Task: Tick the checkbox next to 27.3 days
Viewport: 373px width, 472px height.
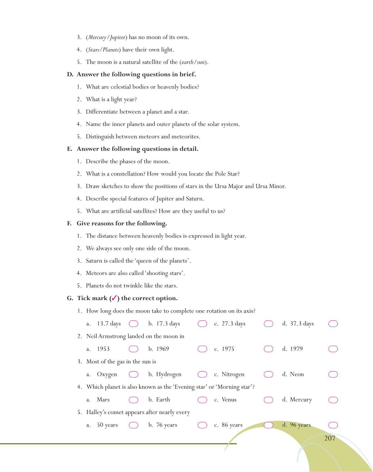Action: pos(268,324)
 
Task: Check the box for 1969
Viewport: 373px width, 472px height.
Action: pos(202,349)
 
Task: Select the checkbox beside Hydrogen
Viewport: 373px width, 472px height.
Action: pos(202,374)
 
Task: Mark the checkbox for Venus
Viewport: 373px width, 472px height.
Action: pos(268,400)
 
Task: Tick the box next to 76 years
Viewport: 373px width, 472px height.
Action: pos(202,425)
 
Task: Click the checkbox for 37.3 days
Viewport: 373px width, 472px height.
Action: pos(333,324)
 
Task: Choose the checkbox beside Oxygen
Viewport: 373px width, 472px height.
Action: pos(133,374)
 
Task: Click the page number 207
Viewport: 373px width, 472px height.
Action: pos(330,438)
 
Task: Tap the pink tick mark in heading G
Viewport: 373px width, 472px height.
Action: pos(114,298)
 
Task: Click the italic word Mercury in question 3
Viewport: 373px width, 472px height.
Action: pos(97,37)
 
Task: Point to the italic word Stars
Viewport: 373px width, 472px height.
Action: pos(94,50)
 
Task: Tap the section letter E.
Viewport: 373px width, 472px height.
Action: pos(69,149)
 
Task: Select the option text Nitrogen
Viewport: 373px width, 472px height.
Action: pos(233,374)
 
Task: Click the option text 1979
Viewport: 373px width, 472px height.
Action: pos(296,349)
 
